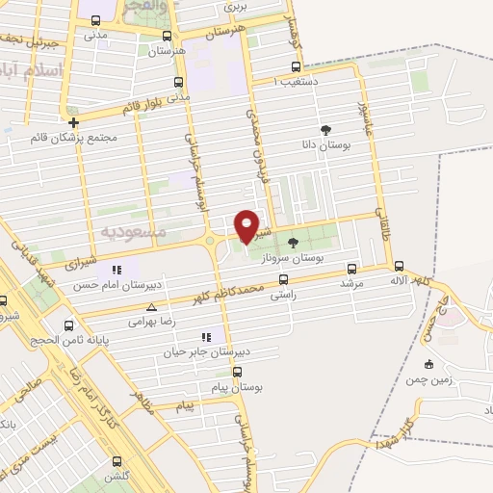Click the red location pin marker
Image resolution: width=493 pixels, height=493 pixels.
pyautogui.click(x=247, y=226)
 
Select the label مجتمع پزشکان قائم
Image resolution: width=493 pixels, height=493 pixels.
pyautogui.click(x=75, y=137)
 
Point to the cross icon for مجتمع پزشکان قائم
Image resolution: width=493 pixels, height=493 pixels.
pyautogui.click(x=73, y=122)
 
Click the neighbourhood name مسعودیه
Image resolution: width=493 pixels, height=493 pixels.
pyautogui.click(x=133, y=232)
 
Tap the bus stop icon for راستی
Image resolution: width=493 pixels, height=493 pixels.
pyautogui.click(x=282, y=280)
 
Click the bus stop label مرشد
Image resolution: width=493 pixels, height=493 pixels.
pyautogui.click(x=350, y=285)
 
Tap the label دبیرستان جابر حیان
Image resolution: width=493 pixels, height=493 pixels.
pyautogui.click(x=206, y=352)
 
